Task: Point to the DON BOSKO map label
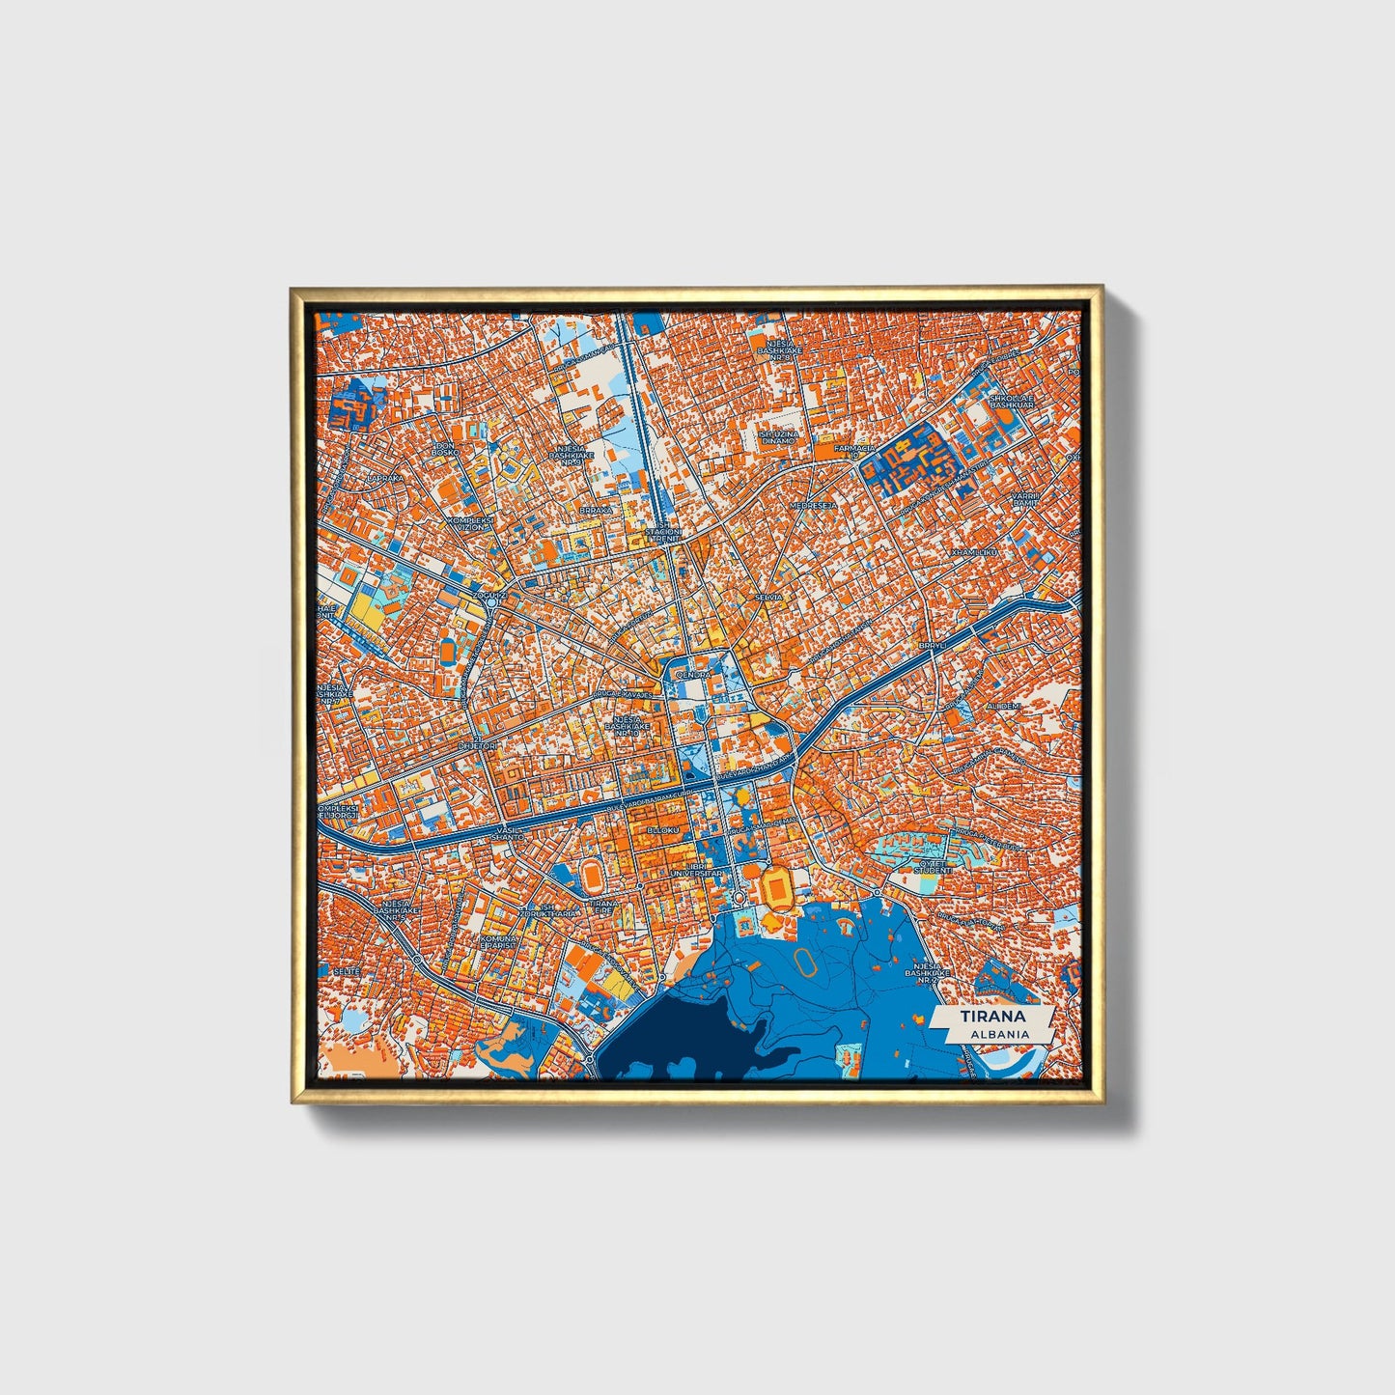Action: click(x=444, y=449)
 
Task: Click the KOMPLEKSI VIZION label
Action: click(x=469, y=523)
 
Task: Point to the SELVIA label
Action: click(x=768, y=598)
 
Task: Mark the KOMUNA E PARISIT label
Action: click(x=502, y=942)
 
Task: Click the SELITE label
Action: click(x=347, y=970)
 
